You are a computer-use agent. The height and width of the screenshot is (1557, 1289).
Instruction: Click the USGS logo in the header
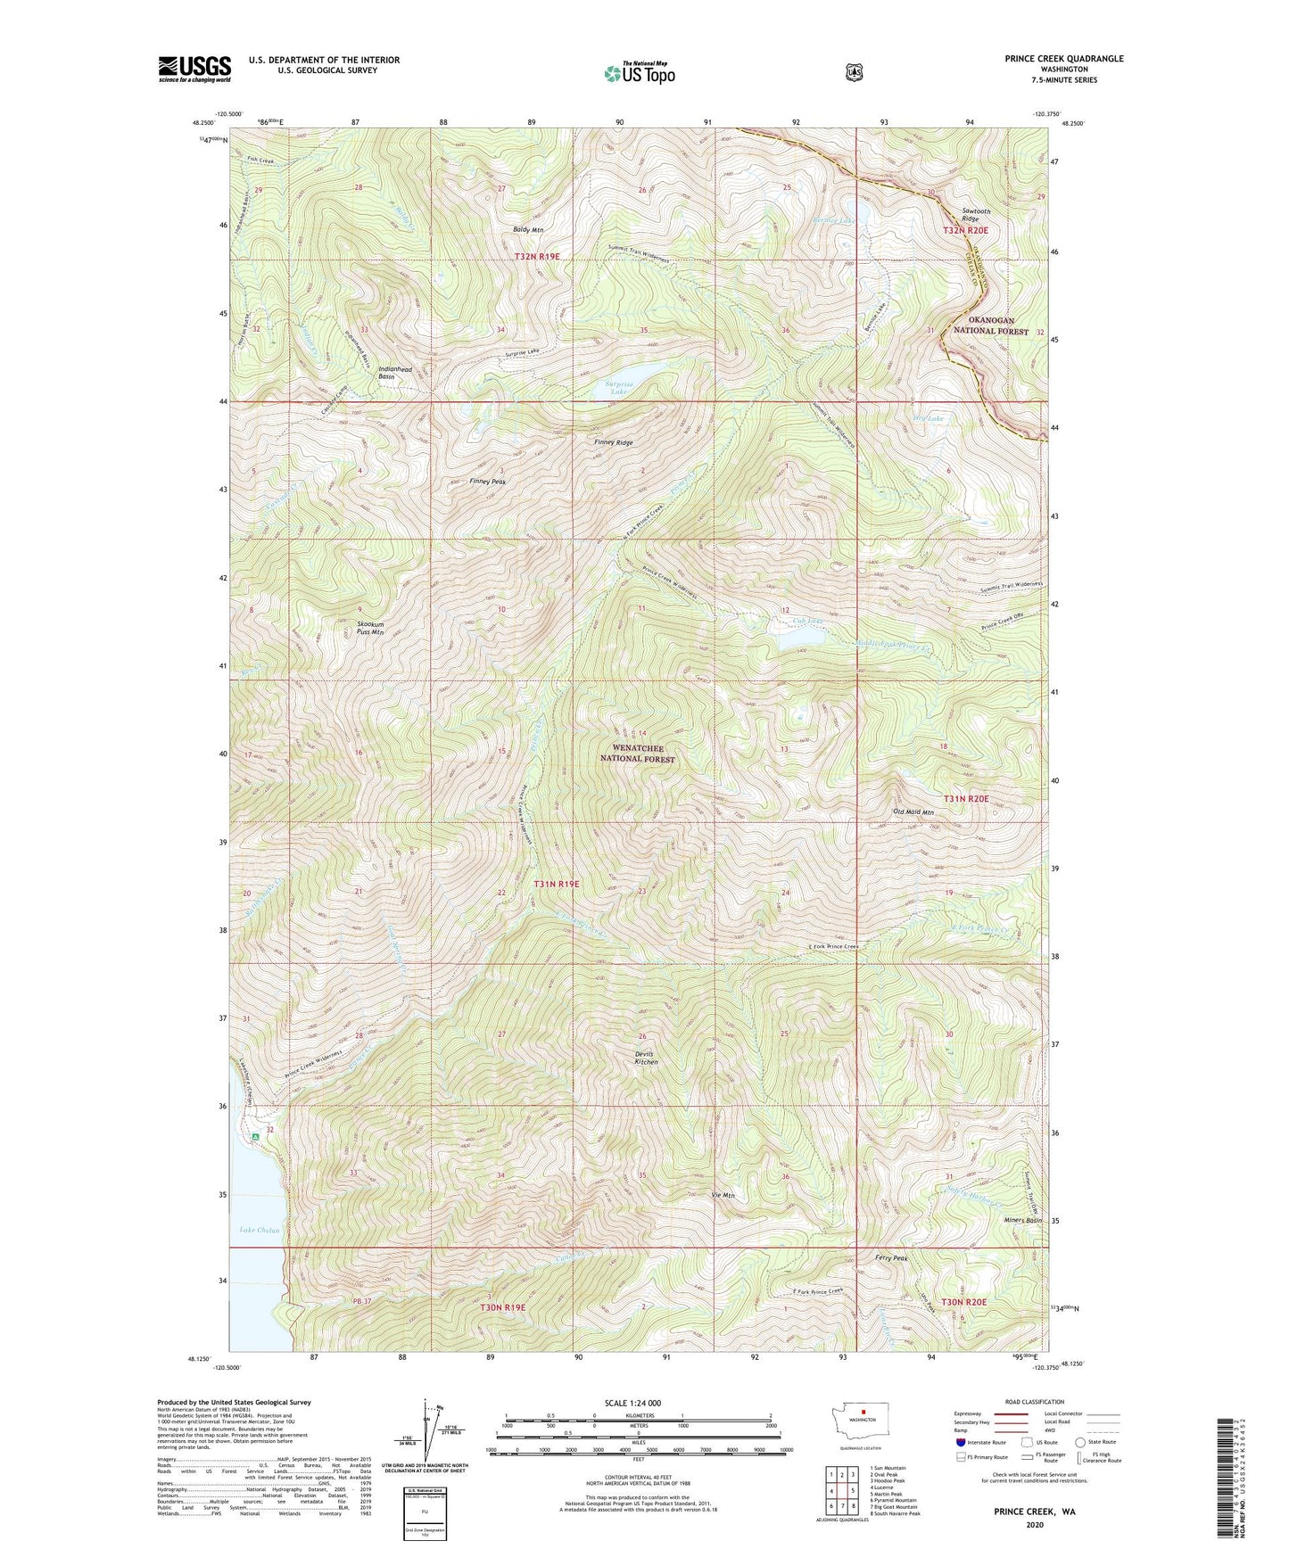tap(194, 69)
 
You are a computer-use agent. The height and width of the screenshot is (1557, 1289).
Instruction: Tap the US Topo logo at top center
tap(638, 73)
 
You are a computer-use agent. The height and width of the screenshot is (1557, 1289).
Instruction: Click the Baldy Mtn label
tap(527, 230)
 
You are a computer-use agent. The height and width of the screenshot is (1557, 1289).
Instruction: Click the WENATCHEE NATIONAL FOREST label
tap(637, 754)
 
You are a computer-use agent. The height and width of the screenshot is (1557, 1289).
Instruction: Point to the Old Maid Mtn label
tap(913, 812)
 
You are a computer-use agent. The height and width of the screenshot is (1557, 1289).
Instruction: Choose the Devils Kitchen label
tap(647, 1058)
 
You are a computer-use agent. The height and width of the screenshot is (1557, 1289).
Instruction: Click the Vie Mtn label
tap(723, 1195)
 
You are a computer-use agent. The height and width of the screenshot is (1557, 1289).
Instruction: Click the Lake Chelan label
tap(260, 1231)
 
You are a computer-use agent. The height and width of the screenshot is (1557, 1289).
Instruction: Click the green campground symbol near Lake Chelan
tap(255, 1137)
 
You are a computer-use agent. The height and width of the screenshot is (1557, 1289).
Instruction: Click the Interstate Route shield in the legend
tap(961, 1441)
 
